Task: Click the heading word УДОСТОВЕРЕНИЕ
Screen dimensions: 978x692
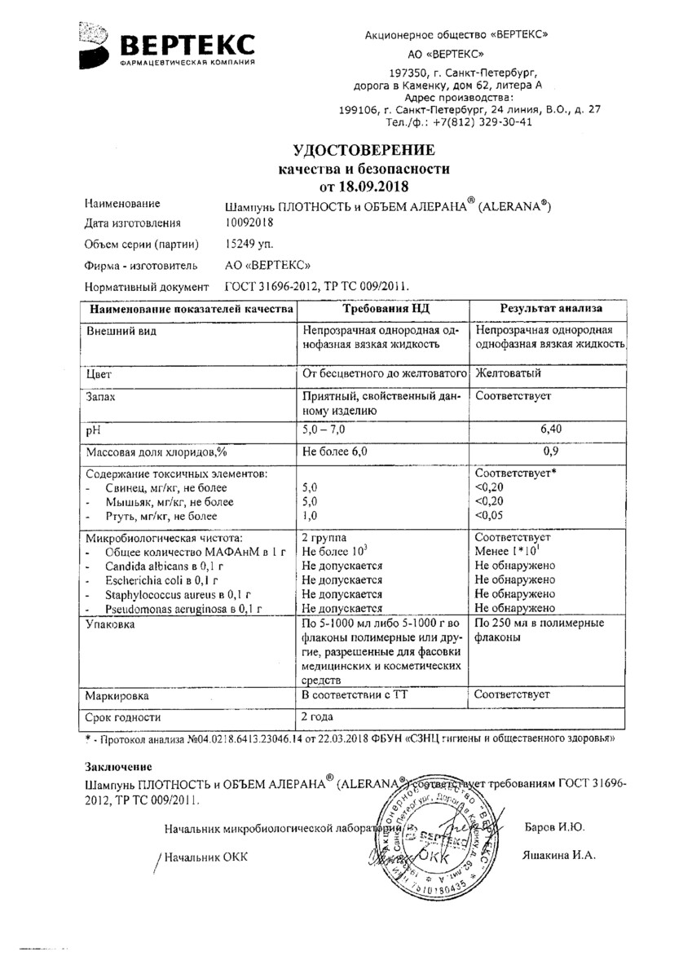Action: point(364,150)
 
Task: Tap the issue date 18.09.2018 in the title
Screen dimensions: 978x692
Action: point(387,187)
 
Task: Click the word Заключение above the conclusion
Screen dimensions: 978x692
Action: point(119,766)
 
